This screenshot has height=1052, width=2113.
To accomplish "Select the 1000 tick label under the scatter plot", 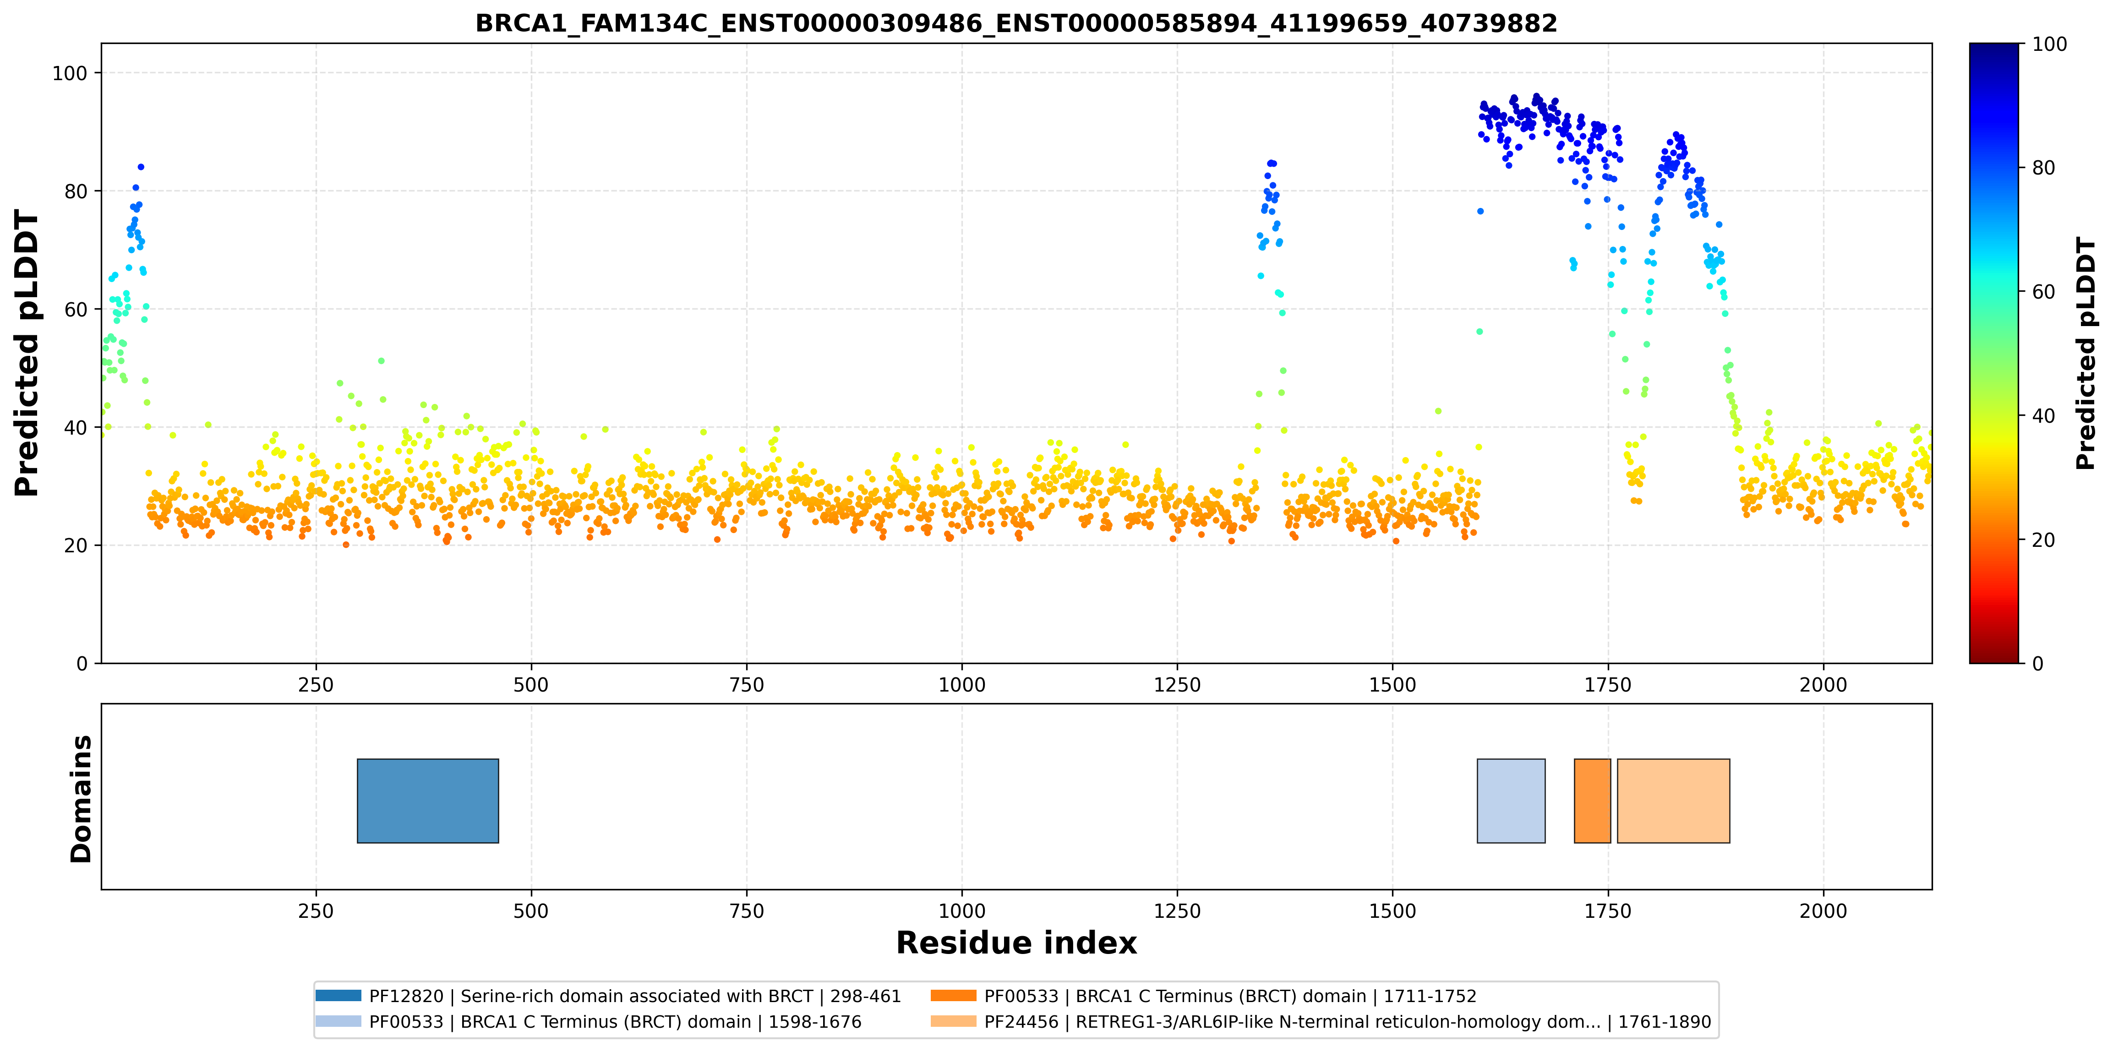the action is click(961, 685).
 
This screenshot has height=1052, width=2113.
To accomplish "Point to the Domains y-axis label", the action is click(81, 799).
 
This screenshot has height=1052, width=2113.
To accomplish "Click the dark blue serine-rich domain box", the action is click(428, 801).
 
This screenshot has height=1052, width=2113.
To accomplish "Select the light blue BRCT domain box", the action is click(1511, 801).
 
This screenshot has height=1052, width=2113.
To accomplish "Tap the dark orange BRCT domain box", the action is click(1592, 801).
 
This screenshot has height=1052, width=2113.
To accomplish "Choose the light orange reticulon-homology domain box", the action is click(1673, 801).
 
